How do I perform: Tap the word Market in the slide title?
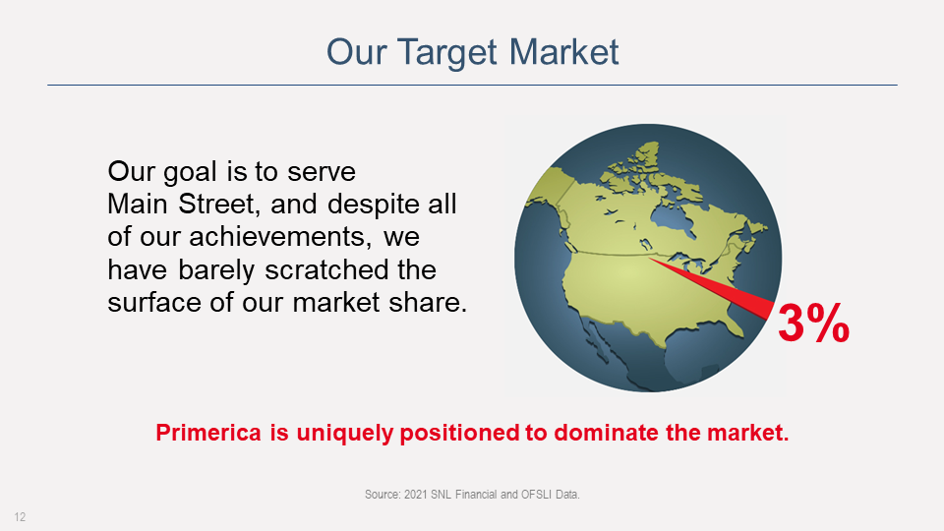563,52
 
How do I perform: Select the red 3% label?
813,324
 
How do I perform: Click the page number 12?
20,517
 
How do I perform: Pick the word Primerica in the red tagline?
208,433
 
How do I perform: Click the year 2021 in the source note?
415,495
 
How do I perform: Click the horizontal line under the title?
472,85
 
